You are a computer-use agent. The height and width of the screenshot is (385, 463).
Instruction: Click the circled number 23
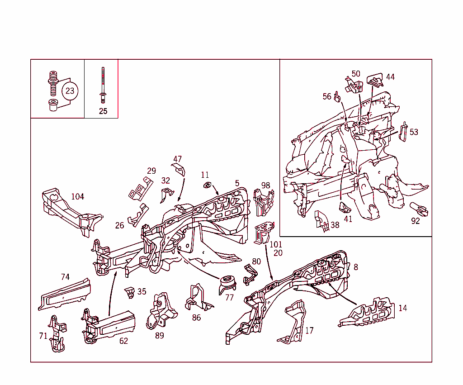click(x=70, y=91)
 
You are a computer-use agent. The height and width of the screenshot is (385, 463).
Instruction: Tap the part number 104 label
click(x=77, y=196)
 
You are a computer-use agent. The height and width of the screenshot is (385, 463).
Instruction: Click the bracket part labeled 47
click(x=180, y=170)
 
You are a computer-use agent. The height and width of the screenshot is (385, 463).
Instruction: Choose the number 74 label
click(x=65, y=277)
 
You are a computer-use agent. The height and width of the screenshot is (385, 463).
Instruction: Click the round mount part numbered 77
click(x=228, y=284)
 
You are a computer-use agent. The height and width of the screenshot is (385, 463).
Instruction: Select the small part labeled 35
click(x=130, y=292)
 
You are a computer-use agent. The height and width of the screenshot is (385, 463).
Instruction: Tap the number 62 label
click(x=123, y=341)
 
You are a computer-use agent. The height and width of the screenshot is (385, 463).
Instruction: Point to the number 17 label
click(x=309, y=331)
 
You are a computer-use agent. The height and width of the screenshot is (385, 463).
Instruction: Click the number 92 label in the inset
click(x=416, y=221)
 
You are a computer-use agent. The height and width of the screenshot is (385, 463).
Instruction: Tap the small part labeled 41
click(x=345, y=207)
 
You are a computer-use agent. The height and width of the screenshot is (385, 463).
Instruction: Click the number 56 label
click(x=327, y=96)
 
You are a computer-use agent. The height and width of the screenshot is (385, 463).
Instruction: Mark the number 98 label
click(x=265, y=185)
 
